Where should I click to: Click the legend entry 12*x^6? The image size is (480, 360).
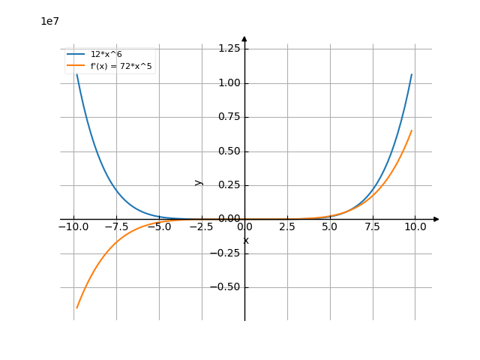click(106, 54)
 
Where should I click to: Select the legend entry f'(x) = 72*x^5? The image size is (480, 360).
click(121, 66)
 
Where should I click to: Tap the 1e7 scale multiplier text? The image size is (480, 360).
click(49, 22)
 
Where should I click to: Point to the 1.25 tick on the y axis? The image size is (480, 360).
click(229, 49)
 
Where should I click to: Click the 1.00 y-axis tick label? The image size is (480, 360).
click(229, 82)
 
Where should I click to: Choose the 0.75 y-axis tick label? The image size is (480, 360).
click(229, 117)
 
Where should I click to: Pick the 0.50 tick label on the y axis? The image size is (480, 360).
click(229, 151)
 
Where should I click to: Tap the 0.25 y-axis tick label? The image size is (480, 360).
click(229, 185)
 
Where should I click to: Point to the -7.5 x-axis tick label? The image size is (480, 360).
click(115, 226)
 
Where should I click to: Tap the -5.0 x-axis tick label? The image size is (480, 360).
click(158, 226)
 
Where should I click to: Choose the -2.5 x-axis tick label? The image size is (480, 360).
click(201, 226)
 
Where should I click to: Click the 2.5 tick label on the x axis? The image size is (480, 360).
click(287, 226)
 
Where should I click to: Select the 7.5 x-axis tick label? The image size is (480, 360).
click(373, 226)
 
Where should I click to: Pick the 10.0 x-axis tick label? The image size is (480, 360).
click(415, 226)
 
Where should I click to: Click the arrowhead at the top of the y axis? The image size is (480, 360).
click(244, 38)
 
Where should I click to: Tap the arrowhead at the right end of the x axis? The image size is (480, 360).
click(436, 219)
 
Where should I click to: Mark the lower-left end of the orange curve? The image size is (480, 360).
click(76, 307)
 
